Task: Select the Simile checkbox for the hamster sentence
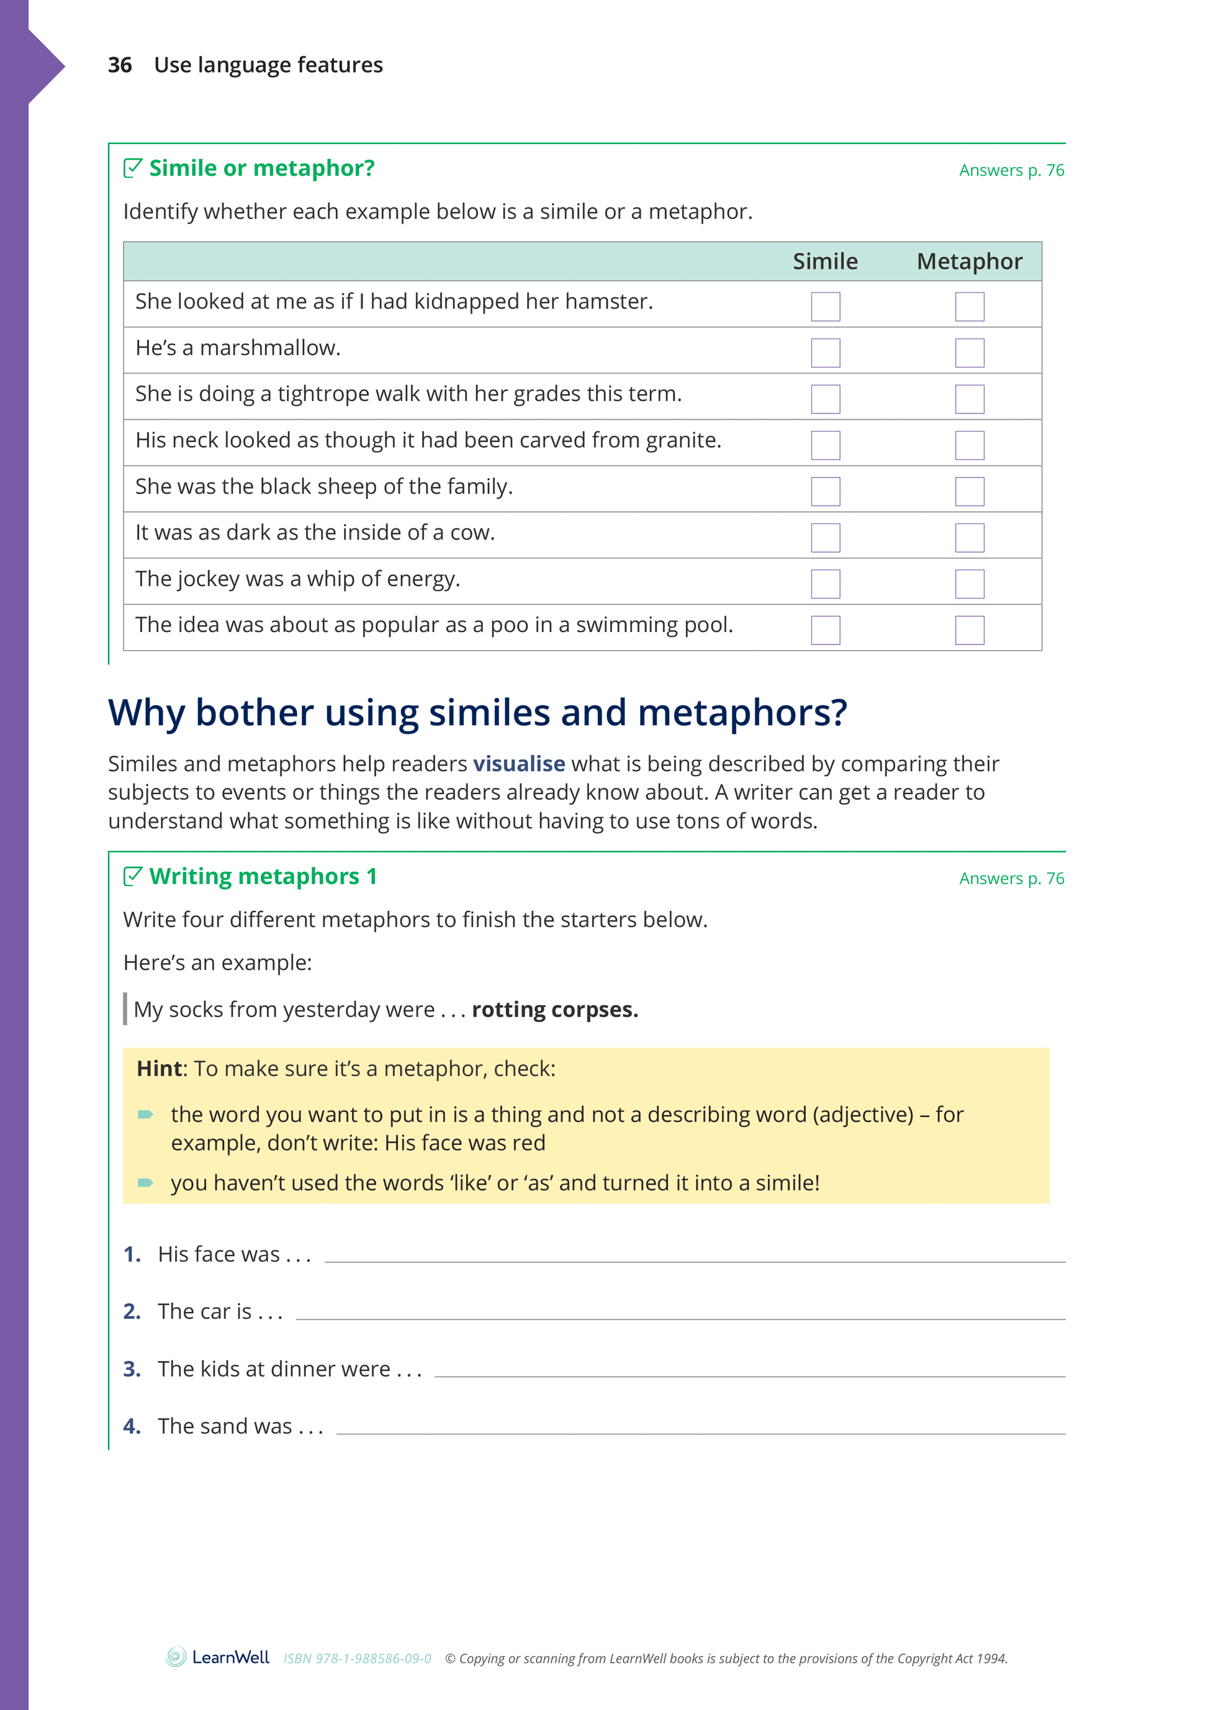[x=825, y=306]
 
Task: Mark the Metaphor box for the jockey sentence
[x=969, y=583]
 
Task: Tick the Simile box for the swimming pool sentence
[x=825, y=630]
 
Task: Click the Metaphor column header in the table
[x=969, y=261]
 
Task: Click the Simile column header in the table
[x=824, y=261]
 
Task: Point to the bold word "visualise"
[x=519, y=764]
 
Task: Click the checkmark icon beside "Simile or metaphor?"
[x=133, y=168]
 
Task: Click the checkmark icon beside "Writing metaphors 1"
[x=133, y=876]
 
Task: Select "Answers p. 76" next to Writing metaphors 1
[x=1011, y=879]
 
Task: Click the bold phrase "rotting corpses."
[x=555, y=1010]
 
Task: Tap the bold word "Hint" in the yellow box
[x=160, y=1069]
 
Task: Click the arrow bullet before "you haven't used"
[x=145, y=1183]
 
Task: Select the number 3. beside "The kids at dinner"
[x=132, y=1369]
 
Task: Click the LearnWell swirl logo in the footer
[x=176, y=1657]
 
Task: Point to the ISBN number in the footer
[x=357, y=1658]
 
